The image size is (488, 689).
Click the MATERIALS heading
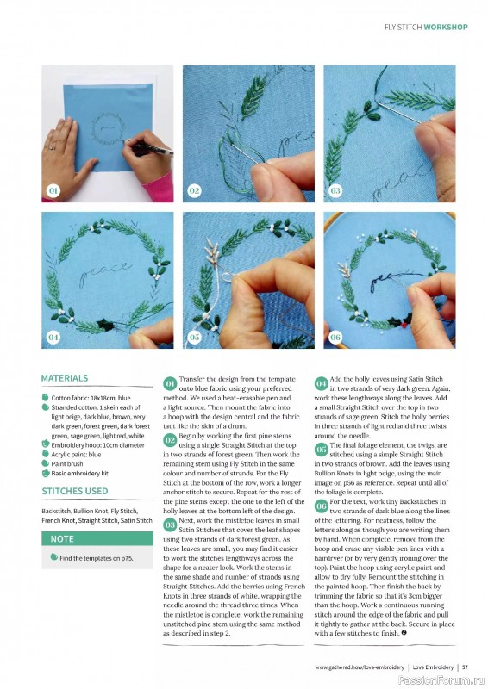coord(65,378)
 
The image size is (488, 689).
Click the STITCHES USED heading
coord(75,492)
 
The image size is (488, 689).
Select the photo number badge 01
coord(53,189)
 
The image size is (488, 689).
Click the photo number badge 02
coord(194,189)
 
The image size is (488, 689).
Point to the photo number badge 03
coord(335,189)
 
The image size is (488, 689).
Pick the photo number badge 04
coord(53,337)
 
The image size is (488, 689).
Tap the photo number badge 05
coord(194,337)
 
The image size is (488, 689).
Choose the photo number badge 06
coord(335,337)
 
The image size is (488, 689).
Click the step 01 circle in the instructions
coord(170,382)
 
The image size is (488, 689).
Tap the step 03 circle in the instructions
coord(170,524)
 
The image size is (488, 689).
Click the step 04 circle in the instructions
coord(322,382)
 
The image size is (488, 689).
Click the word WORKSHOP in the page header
coord(446,27)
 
